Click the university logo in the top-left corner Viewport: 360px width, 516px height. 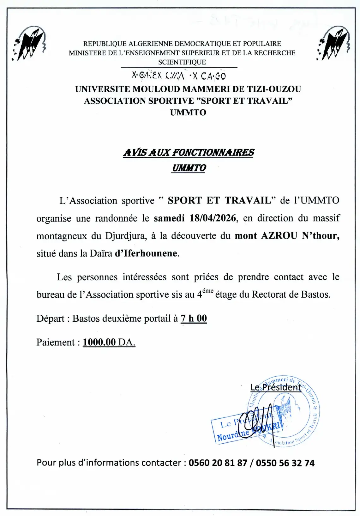pos(29,44)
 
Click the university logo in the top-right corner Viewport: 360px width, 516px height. pos(333,43)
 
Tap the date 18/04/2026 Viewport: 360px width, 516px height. pos(213,218)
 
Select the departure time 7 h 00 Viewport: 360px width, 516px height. pos(194,318)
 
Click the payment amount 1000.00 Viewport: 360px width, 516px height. pos(99,342)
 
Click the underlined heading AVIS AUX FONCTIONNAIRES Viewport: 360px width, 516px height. pos(188,153)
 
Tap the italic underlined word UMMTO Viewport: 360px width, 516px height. pos(189,168)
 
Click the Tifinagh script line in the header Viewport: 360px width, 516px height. pos(179,76)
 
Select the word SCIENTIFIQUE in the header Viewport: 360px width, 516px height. pos(182,62)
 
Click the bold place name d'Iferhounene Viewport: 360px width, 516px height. pos(146,253)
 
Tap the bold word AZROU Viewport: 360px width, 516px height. pos(279,236)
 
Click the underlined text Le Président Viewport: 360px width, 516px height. pos(276,387)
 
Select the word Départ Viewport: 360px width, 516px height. pos(50,318)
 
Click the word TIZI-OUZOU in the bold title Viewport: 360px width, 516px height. pos(273,89)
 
